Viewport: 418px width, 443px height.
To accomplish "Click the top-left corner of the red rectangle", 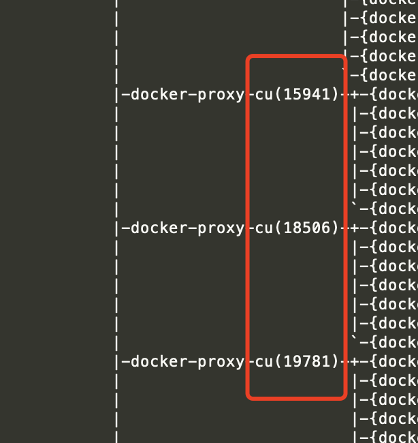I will pyautogui.click(x=248, y=57).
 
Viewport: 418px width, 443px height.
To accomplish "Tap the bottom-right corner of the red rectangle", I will pyautogui.click(x=345, y=397).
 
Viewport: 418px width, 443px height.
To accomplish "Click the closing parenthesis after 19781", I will pyautogui.click(x=335, y=361).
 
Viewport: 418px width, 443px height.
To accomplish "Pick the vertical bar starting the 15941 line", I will pyautogui.click(x=117, y=94).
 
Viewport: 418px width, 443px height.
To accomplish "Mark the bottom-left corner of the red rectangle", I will pyautogui.click(x=248, y=397).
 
